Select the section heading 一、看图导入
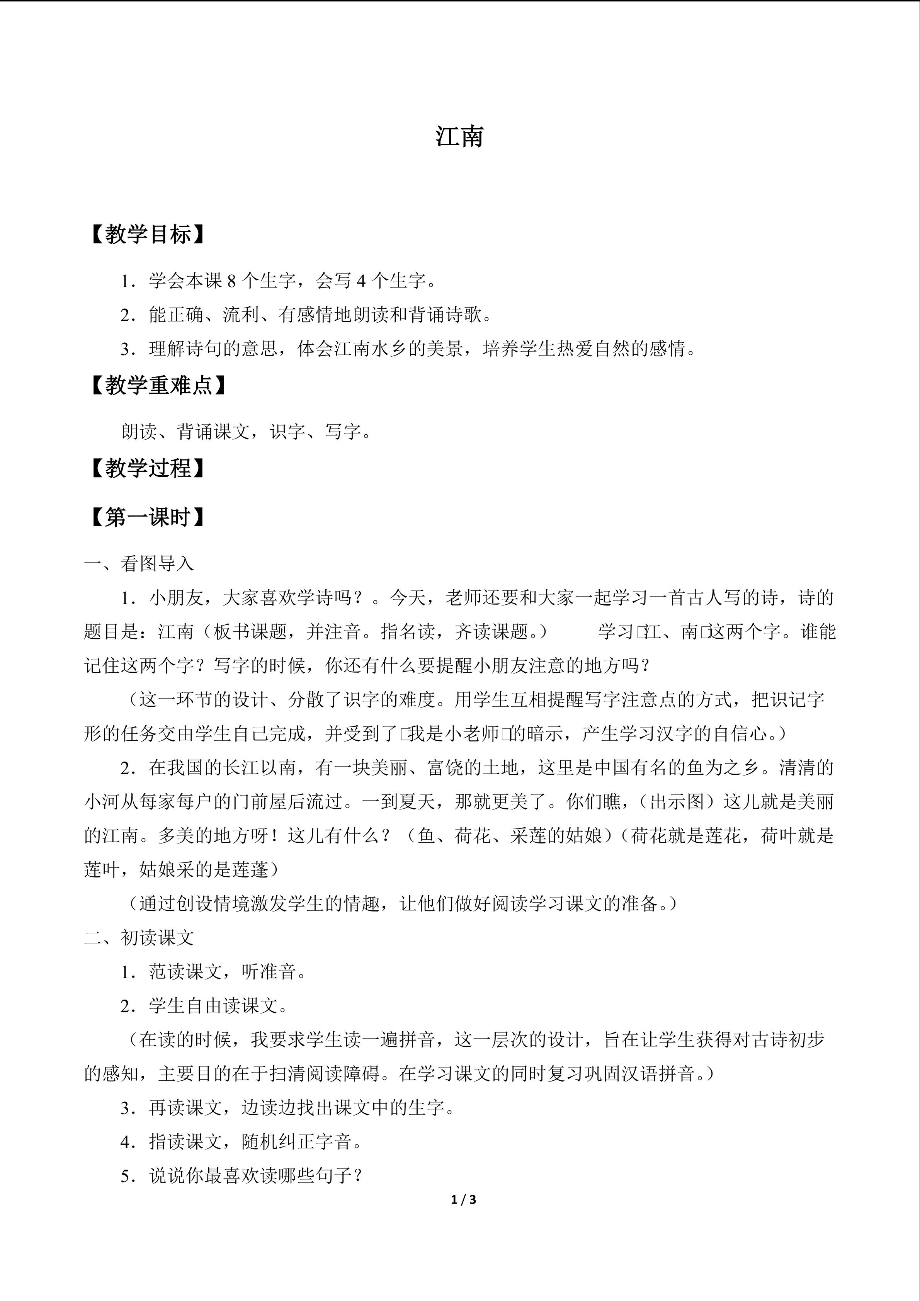click(x=139, y=563)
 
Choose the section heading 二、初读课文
click(x=139, y=938)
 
